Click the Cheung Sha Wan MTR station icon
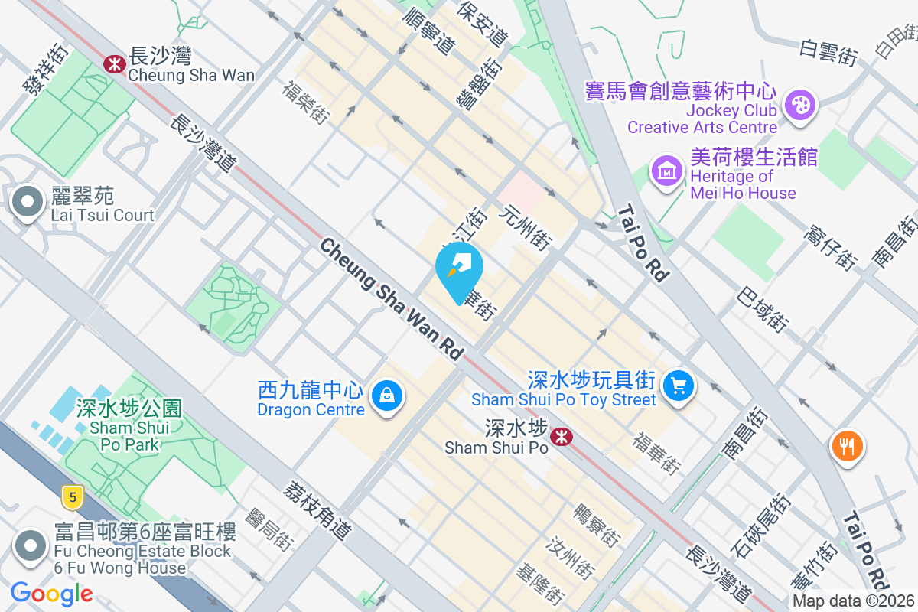click(115, 63)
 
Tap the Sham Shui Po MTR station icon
click(562, 437)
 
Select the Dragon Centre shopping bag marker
click(387, 396)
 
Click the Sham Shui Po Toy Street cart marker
click(677, 385)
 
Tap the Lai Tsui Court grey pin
click(28, 203)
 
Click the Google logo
click(51, 593)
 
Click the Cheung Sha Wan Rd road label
click(392, 300)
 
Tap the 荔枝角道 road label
click(316, 509)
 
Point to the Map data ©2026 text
click(852, 601)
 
